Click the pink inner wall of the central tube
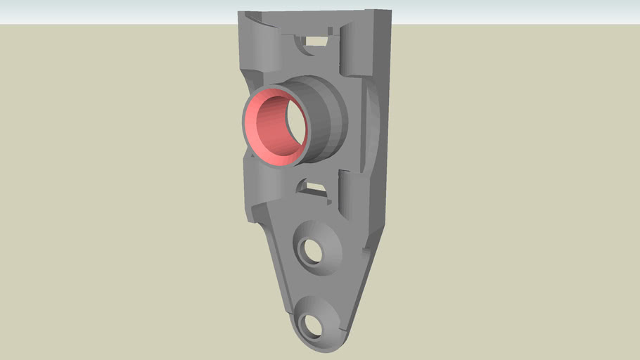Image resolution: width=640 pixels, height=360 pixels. (x=262, y=130)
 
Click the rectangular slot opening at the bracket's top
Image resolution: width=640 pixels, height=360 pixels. (x=316, y=41)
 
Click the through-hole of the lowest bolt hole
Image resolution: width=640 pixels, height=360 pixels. (x=309, y=325)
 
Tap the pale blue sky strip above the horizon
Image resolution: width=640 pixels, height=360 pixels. (x=105, y=11)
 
